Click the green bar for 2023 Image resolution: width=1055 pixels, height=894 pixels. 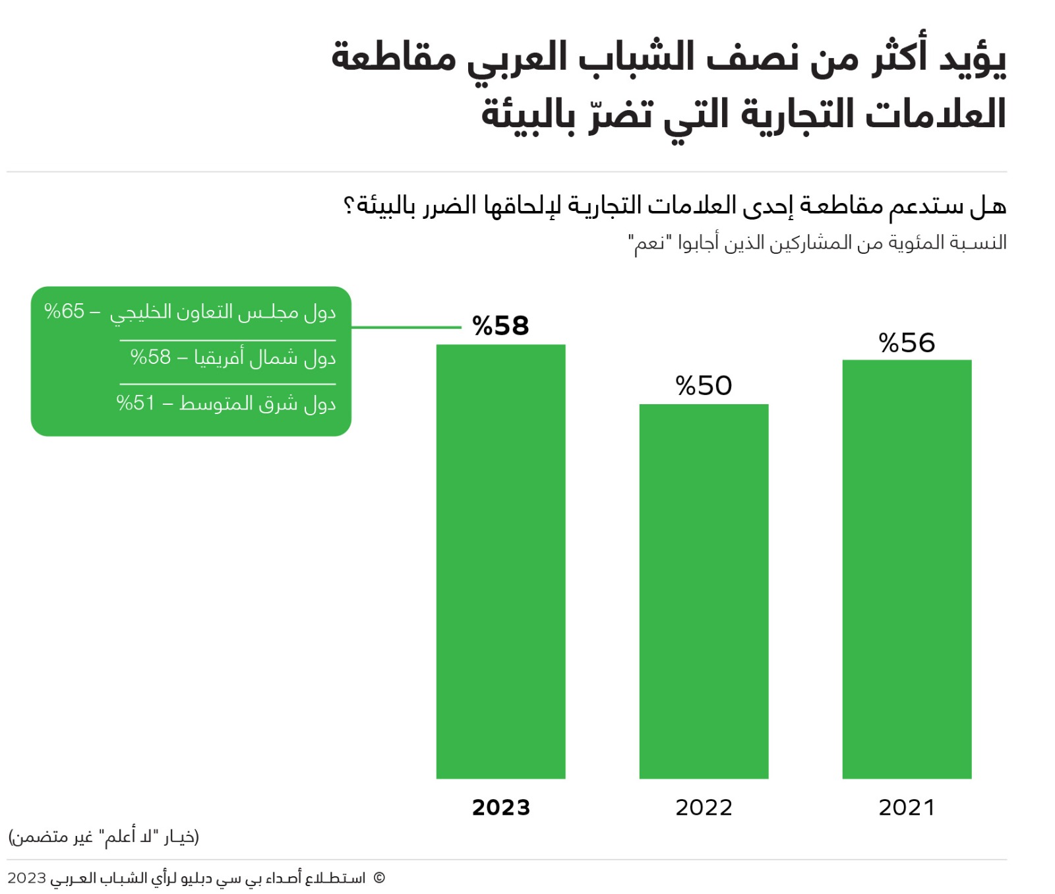[x=500, y=560]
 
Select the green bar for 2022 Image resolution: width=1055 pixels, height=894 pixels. [x=704, y=591]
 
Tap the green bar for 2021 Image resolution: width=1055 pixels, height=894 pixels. [x=907, y=568]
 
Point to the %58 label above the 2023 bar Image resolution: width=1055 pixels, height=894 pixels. [x=500, y=326]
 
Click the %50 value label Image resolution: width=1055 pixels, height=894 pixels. [x=704, y=386]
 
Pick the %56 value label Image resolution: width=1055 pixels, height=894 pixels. [x=907, y=343]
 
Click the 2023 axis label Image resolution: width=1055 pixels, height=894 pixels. [x=500, y=808]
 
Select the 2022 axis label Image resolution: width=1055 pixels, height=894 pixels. [x=704, y=808]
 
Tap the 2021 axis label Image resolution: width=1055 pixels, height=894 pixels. [x=907, y=808]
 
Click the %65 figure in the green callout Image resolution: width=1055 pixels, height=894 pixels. [x=64, y=311]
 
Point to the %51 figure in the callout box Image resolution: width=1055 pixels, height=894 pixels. [x=135, y=403]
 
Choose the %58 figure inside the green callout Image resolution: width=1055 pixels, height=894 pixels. [x=150, y=357]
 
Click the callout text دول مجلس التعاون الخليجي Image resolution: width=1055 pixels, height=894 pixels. [x=223, y=313]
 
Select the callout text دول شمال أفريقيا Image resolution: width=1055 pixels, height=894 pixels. [x=265, y=358]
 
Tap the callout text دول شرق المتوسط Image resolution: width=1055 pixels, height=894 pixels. [x=258, y=403]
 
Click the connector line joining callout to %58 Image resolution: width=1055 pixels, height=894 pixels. [x=406, y=327]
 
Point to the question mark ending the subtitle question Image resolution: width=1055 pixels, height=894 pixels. [x=349, y=206]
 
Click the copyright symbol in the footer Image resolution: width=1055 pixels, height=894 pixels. [x=378, y=878]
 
